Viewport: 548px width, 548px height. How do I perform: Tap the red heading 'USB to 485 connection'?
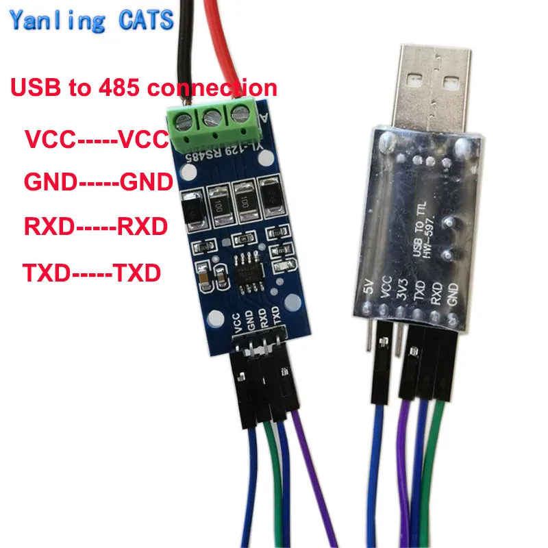(x=144, y=88)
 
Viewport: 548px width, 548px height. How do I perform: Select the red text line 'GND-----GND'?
(x=97, y=182)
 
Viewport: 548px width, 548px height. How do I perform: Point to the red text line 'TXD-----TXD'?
(x=92, y=274)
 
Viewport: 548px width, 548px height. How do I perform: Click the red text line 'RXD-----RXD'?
(x=95, y=227)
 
